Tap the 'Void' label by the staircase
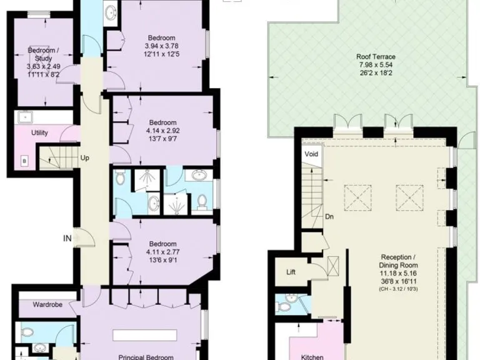tap(311, 154)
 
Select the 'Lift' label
tap(291, 272)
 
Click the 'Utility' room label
tap(40, 133)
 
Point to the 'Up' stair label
tap(84, 158)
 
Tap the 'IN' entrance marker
tap(67, 237)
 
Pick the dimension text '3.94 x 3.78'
tap(162, 46)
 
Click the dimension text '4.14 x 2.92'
tap(162, 131)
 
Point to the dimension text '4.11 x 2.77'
tap(162, 252)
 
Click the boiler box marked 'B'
tap(24, 161)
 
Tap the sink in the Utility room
tap(25, 116)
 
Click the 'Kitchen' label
tap(312, 356)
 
